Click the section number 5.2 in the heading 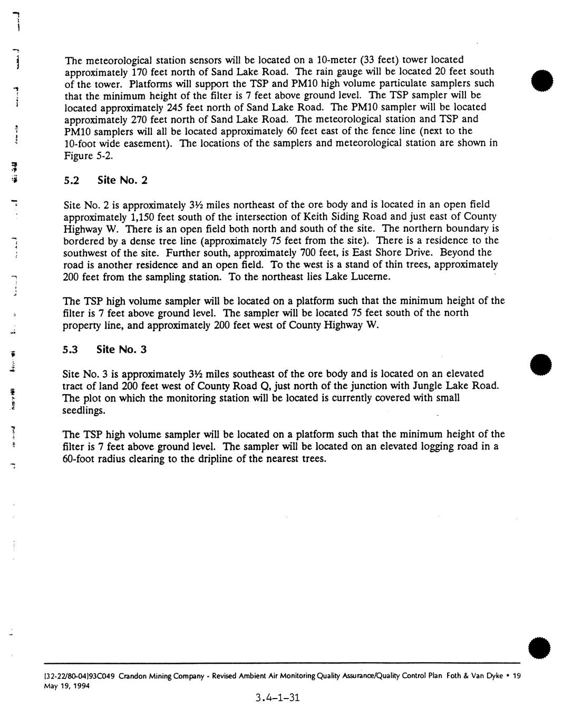click(x=71, y=180)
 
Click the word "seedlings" click(x=84, y=410)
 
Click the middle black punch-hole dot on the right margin click(x=543, y=363)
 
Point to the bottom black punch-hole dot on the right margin click(x=543, y=646)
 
